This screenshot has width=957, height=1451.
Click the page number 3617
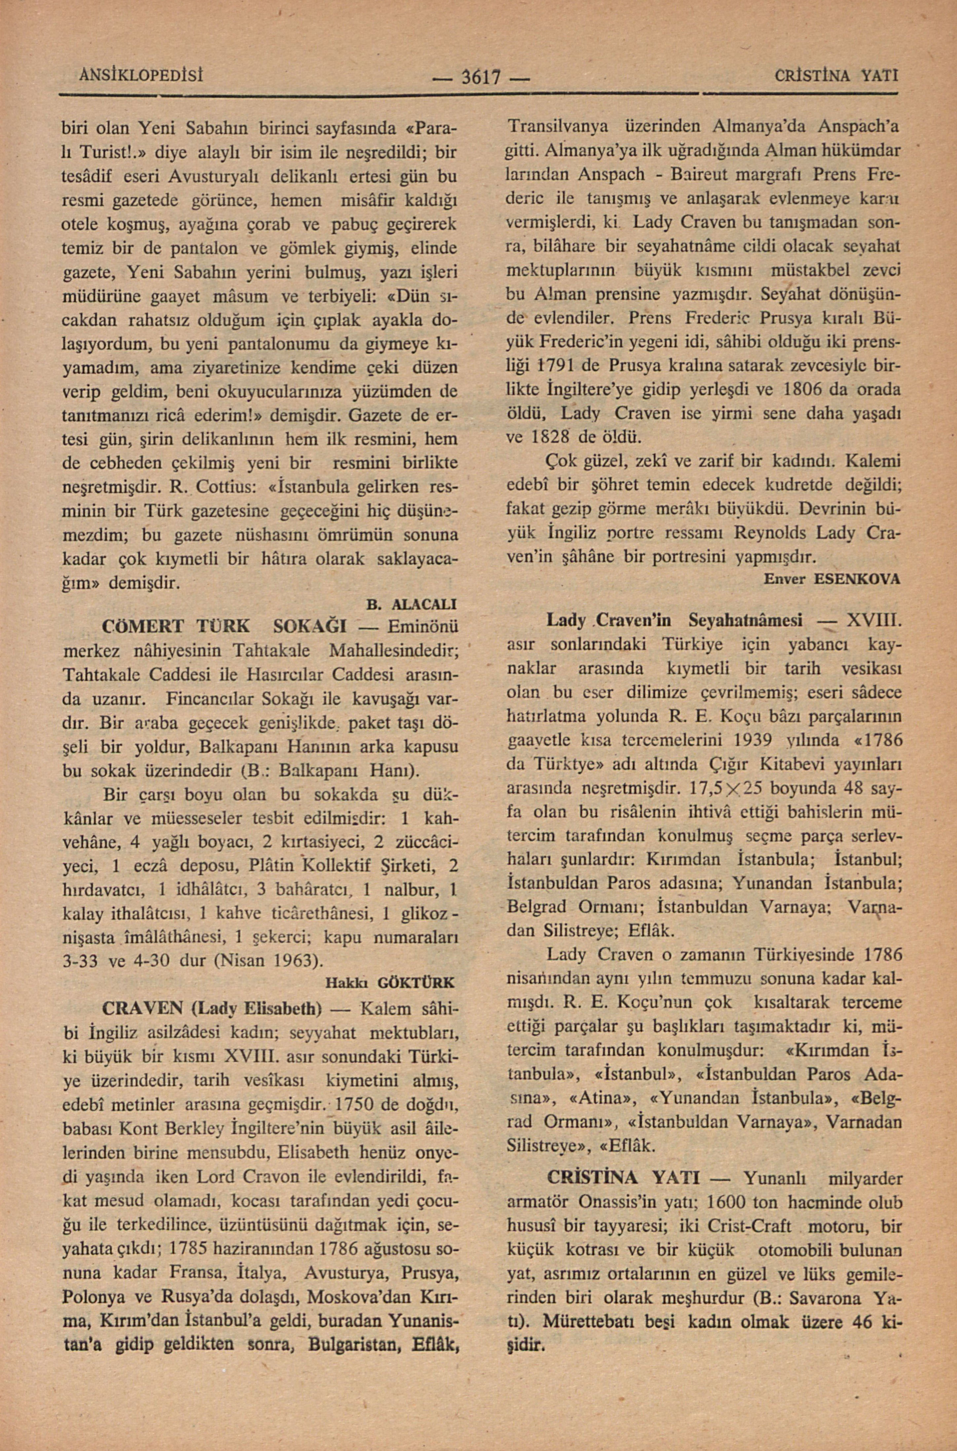(482, 78)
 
